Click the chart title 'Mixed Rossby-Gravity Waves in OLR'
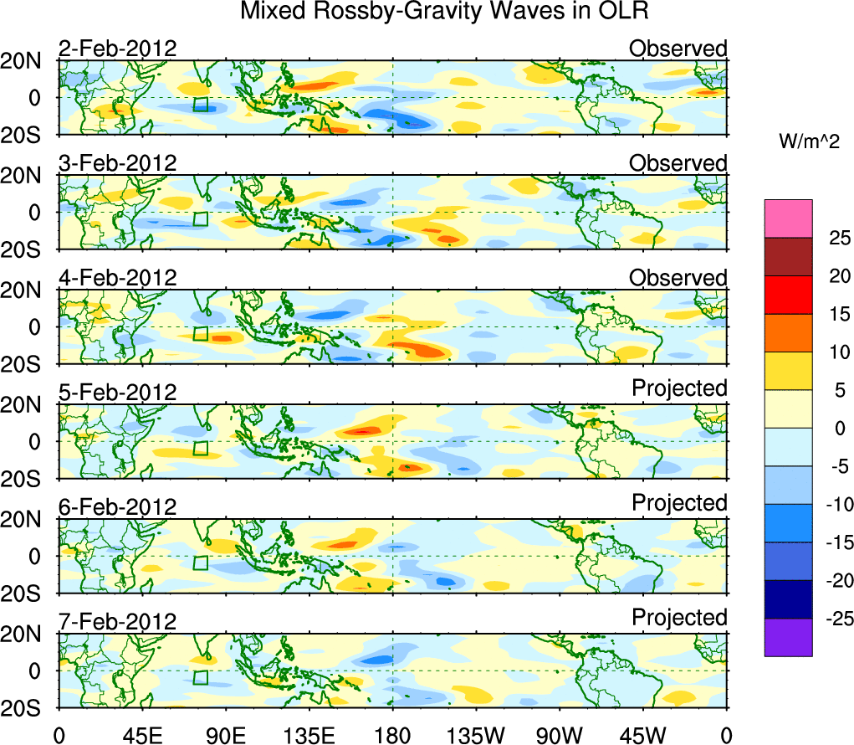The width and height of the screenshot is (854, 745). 444,12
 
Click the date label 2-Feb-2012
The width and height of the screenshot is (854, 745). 117,48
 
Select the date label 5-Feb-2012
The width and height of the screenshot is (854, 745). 117,393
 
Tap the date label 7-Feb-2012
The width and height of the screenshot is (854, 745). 117,622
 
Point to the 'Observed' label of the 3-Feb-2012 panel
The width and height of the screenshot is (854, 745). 678,163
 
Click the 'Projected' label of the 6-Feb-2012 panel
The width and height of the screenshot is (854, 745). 679,503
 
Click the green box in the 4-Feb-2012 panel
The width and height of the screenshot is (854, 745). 200,333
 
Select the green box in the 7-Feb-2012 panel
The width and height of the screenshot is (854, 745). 200,677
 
